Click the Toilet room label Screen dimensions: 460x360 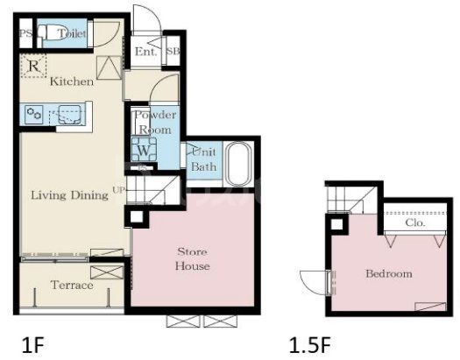(x=72, y=33)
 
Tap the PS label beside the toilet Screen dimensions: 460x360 (x=25, y=33)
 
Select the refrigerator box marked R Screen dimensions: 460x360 (x=34, y=66)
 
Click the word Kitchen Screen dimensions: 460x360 (x=72, y=81)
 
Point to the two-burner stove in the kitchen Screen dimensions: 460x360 (x=34, y=114)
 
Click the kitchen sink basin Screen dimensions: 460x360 (x=69, y=115)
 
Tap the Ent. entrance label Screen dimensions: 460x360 (x=145, y=52)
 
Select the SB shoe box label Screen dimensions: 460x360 (x=173, y=51)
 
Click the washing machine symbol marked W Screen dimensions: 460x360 (x=144, y=149)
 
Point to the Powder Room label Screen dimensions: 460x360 (x=155, y=123)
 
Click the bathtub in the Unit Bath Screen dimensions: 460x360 (x=239, y=164)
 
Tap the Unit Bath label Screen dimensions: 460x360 (x=203, y=159)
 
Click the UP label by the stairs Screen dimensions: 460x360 (x=119, y=190)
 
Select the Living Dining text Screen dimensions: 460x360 (x=69, y=195)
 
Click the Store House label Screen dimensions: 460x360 (x=193, y=258)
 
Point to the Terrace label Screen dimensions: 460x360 (x=72, y=285)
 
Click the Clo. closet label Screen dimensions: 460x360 (x=415, y=222)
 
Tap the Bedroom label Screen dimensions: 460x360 (x=389, y=273)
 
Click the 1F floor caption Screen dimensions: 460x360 (x=33, y=345)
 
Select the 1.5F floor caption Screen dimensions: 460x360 (x=310, y=345)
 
